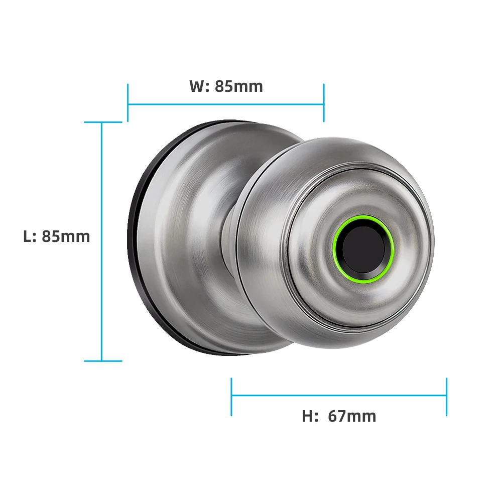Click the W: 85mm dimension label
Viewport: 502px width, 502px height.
click(226, 86)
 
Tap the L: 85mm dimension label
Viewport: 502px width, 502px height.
click(56, 236)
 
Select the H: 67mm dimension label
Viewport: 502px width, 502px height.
click(339, 416)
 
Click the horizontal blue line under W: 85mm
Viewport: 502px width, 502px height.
click(226, 104)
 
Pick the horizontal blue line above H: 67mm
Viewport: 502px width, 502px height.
click(339, 395)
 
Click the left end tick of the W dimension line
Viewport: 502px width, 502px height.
click(128, 103)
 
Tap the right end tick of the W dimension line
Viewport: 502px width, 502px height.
click(324, 103)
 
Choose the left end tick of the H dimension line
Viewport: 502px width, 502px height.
click(231, 397)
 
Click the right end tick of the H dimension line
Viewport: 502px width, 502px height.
click(446, 397)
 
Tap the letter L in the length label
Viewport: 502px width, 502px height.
click(28, 236)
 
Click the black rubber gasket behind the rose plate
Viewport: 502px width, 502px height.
click(132, 241)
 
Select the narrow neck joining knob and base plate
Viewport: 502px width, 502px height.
click(228, 236)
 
